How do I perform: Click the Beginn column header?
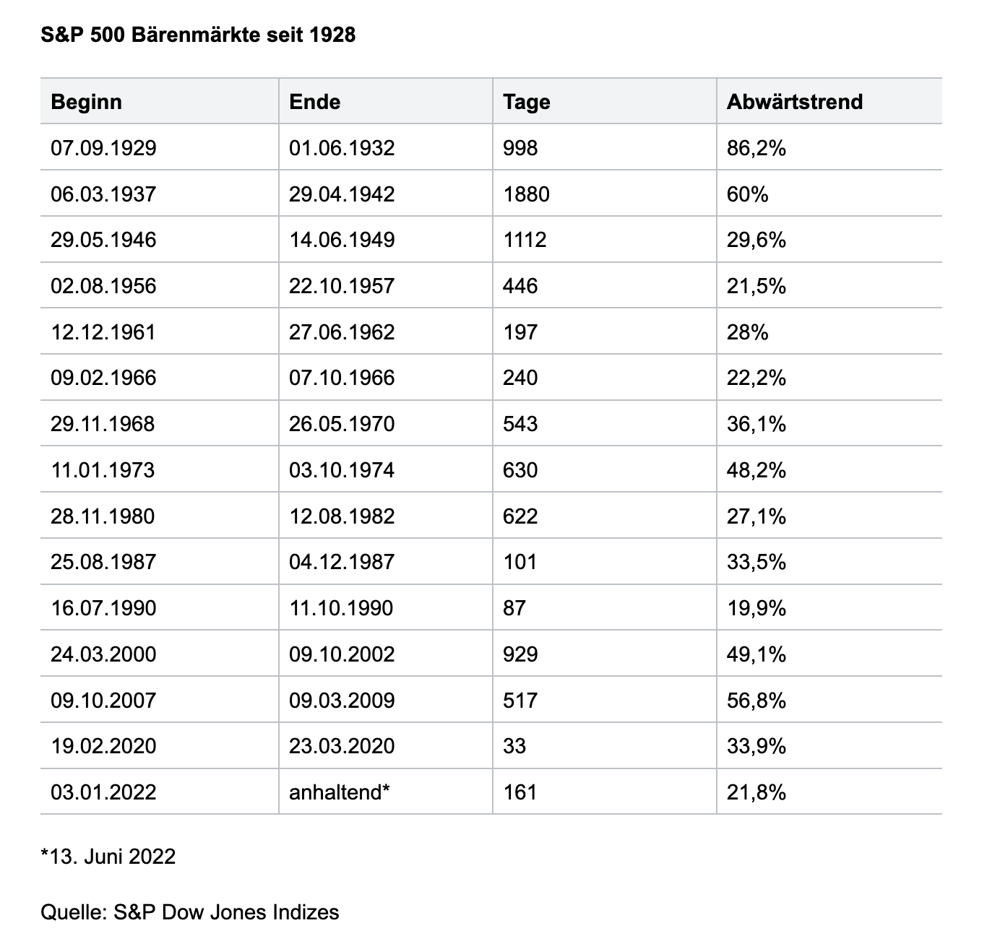(x=86, y=102)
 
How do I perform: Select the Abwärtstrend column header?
(x=794, y=102)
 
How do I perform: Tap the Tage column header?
(x=526, y=103)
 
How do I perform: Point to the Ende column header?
(x=314, y=102)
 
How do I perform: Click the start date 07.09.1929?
(x=103, y=148)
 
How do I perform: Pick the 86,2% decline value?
(x=757, y=148)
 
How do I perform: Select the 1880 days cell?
(x=526, y=194)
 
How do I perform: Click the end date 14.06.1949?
(x=341, y=240)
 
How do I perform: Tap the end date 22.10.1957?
(x=341, y=286)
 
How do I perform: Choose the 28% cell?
(x=747, y=332)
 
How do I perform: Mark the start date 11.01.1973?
(x=103, y=470)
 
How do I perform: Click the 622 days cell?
(x=520, y=516)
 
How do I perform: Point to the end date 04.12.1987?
(x=341, y=562)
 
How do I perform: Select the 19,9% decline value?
(x=757, y=608)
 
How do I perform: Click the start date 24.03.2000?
(x=103, y=654)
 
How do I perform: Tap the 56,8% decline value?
(x=757, y=700)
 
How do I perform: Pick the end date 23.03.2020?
(x=341, y=746)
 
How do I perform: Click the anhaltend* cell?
(x=340, y=792)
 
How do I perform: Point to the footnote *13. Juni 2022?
(x=108, y=857)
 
